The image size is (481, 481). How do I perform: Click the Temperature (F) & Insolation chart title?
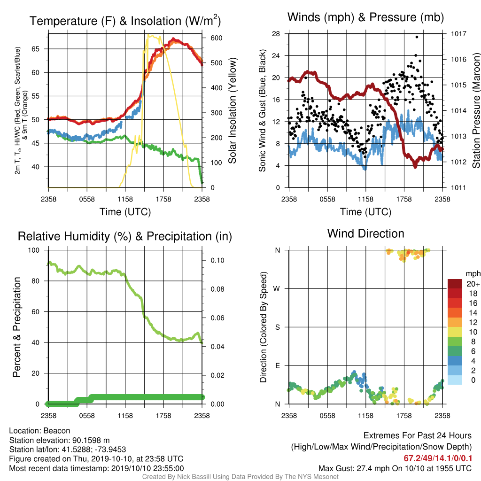(125, 21)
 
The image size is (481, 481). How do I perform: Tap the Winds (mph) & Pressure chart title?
(365, 17)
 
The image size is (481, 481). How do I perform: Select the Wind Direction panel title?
(365, 233)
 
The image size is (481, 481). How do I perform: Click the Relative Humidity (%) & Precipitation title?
(125, 236)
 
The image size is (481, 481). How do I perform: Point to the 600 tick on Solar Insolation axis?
(216, 38)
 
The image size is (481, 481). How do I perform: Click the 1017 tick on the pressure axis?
(458, 34)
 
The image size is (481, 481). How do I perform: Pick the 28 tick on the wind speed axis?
(276, 34)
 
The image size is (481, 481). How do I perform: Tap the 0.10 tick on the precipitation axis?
(217, 260)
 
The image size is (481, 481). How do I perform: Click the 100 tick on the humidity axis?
(34, 250)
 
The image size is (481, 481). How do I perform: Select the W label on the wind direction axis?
(277, 289)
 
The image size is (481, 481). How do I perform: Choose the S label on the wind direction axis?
(277, 327)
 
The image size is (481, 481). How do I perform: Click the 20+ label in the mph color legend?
(473, 284)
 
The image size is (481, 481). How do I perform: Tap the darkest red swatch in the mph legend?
(455, 284)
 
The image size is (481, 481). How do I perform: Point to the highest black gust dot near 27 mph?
(417, 37)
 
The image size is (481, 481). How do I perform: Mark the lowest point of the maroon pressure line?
(415, 167)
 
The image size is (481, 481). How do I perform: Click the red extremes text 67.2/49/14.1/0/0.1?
(438, 458)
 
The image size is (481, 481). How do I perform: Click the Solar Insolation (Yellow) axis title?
(233, 110)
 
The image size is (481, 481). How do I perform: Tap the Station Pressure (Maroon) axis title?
(476, 110)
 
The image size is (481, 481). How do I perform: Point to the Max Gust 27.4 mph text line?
(395, 468)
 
